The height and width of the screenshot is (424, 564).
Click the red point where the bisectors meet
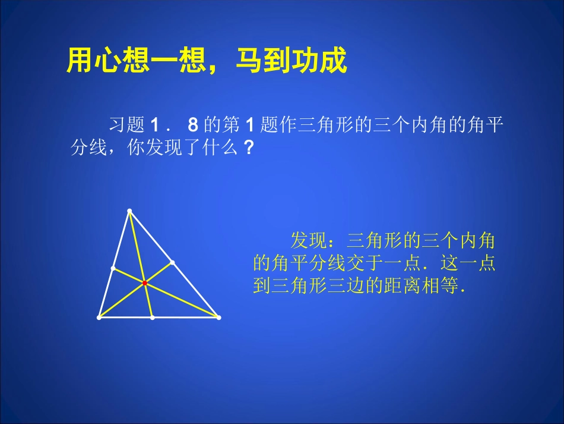coord(144,284)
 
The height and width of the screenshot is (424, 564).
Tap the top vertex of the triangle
coord(129,211)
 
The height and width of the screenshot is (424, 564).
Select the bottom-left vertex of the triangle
coord(99,318)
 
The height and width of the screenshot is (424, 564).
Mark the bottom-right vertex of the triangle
coord(218,318)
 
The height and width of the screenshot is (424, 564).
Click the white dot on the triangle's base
coord(153,318)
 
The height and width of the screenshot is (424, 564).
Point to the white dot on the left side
coord(113,268)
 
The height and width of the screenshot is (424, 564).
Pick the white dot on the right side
coord(172,262)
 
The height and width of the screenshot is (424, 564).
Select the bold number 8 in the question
coord(192,125)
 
